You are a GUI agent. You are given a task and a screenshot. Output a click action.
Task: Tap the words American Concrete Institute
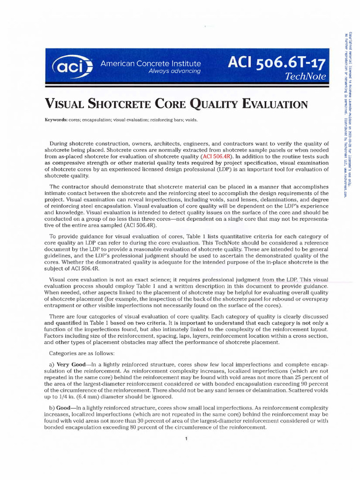[151, 63]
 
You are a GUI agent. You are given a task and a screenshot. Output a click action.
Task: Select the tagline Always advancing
[174, 71]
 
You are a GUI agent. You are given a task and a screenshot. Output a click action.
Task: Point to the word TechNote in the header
[308, 77]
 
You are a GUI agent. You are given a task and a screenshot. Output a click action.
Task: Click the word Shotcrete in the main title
[124, 104]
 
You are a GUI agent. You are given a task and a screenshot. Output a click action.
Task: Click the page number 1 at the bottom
[187, 439]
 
